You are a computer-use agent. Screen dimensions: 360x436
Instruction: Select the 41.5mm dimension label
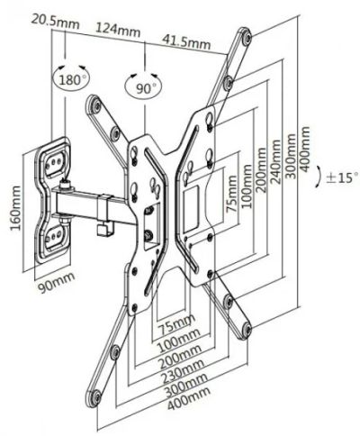coord(186,41)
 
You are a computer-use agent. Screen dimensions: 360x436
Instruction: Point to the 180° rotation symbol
coord(70,78)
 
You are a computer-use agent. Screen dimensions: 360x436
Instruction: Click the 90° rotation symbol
coord(144,86)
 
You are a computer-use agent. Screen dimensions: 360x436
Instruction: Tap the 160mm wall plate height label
coord(15,208)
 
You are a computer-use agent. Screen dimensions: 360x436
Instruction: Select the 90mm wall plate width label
coord(56,283)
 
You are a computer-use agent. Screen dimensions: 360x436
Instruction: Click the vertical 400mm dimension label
coord(304,150)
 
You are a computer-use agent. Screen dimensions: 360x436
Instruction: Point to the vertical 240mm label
coord(276,162)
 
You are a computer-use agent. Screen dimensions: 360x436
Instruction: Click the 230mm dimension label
coord(184,372)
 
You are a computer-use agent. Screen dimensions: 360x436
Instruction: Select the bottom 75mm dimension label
coord(176,324)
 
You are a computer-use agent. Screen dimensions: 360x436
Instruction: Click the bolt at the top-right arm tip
coord(247,37)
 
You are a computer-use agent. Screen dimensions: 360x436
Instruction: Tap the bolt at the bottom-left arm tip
coord(96,398)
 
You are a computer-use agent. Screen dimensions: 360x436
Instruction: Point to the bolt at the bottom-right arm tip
coord(247,330)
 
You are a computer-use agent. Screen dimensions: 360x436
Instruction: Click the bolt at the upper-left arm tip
coord(96,105)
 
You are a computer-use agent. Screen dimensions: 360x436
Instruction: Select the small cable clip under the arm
coord(105,230)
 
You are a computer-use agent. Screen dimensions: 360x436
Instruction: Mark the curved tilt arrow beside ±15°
coord(318,178)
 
